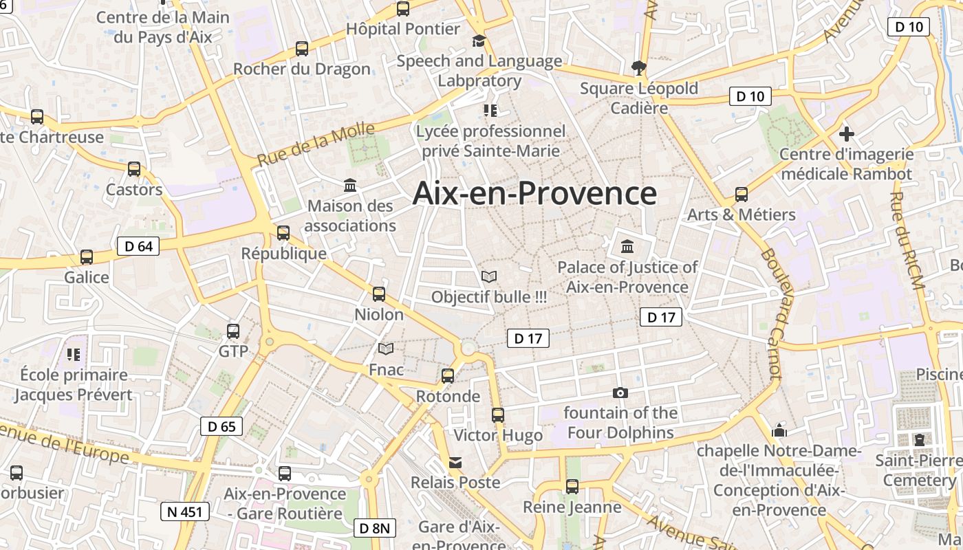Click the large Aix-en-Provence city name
click(534, 193)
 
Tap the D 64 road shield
click(138, 246)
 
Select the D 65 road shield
click(221, 426)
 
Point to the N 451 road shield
click(185, 511)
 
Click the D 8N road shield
click(376, 528)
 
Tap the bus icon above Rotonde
click(448, 376)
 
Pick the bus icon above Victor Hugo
click(498, 415)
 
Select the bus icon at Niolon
click(379, 294)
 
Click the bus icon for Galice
click(87, 257)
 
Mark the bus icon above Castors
click(134, 169)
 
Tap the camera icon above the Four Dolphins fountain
click(620, 393)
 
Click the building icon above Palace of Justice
click(627, 246)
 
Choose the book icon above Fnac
click(387, 349)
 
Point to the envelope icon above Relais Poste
click(455, 462)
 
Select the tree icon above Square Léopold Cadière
click(639, 67)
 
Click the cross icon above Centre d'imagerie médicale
click(847, 133)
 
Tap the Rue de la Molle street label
click(316, 144)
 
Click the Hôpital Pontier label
click(403, 29)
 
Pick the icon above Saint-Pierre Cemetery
click(920, 439)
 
